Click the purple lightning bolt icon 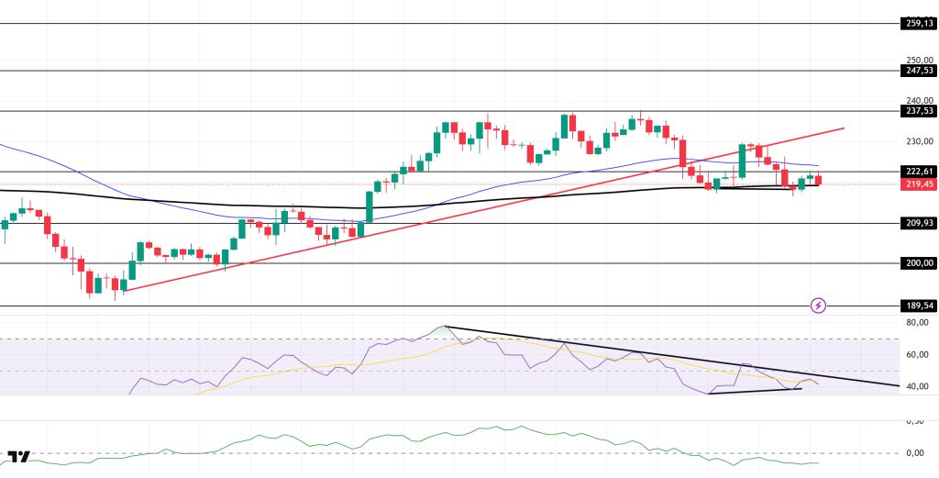[819, 305]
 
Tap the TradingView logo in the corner [18, 456]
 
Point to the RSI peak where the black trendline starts [445, 326]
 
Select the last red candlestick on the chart [819, 181]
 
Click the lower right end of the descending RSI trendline [898, 386]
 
